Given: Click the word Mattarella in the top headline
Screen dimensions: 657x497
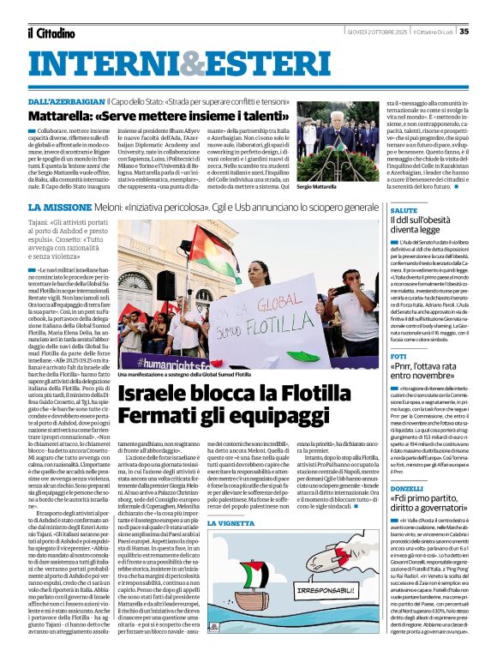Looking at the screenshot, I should click(x=63, y=115).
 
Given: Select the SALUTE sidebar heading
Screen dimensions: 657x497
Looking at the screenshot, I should click(x=404, y=210).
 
